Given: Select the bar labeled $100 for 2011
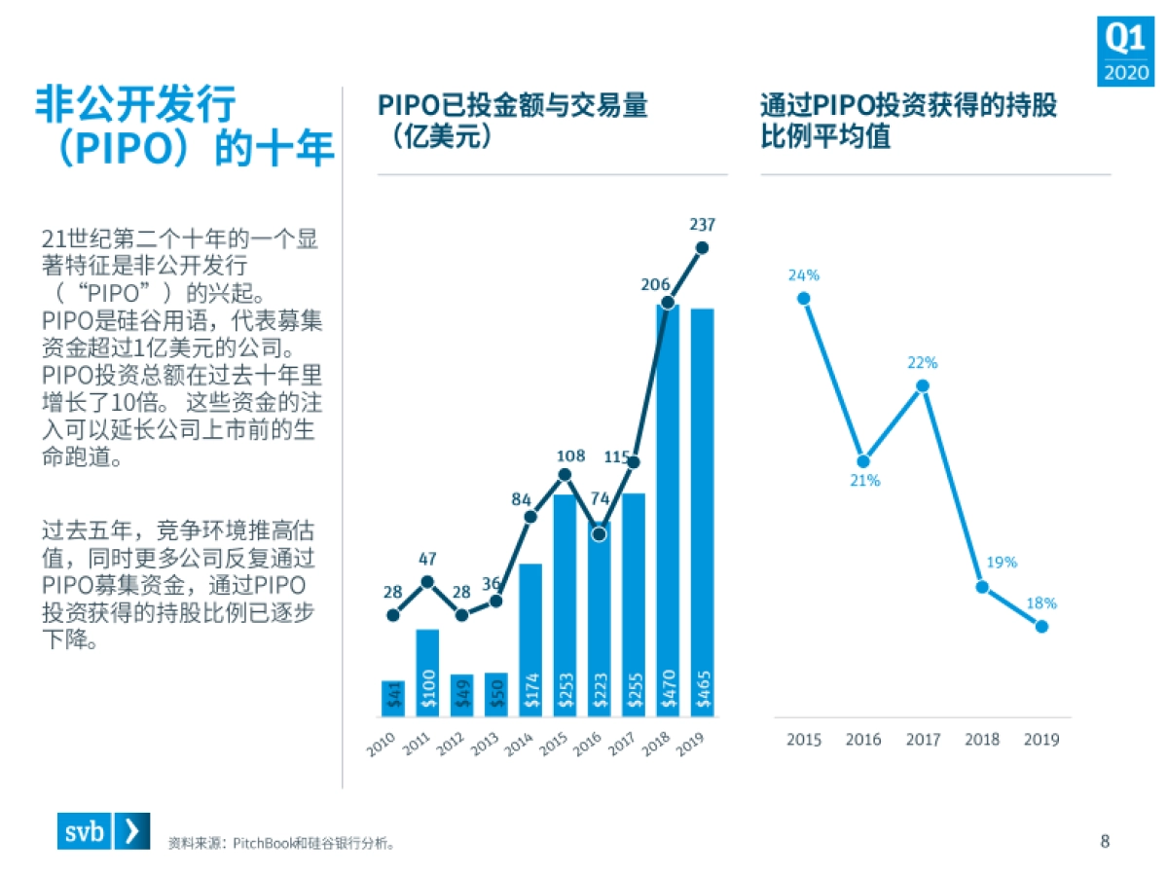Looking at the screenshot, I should tap(427, 674).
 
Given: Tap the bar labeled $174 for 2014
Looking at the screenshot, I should tap(530, 639).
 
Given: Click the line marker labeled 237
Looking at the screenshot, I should tap(702, 247).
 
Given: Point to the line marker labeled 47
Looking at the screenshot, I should tap(427, 582).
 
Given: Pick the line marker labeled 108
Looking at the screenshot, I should tap(565, 475).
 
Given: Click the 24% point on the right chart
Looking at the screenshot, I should tap(804, 298).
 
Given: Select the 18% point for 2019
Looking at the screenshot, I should tap(1041, 626).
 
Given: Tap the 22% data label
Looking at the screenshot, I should tap(922, 363).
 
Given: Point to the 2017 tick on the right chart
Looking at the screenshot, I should tap(923, 740).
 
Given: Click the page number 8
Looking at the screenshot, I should tap(1104, 841).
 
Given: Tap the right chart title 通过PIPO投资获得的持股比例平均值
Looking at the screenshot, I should tap(907, 120).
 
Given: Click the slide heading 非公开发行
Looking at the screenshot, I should tap(137, 103).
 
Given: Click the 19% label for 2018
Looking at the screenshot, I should tap(1002, 562).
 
